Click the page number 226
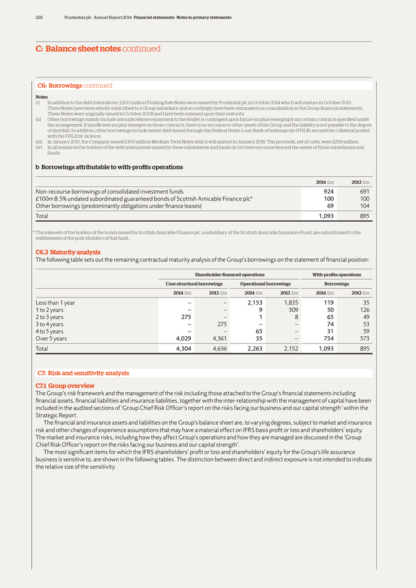coord(39,17)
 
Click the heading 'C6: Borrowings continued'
coord(75,85)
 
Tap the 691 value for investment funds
coord(362,191)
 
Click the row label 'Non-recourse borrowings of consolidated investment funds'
coord(110,191)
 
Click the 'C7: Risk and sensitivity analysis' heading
coord(83,373)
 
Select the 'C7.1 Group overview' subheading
coord(65,385)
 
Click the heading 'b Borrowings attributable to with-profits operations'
coord(109,167)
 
